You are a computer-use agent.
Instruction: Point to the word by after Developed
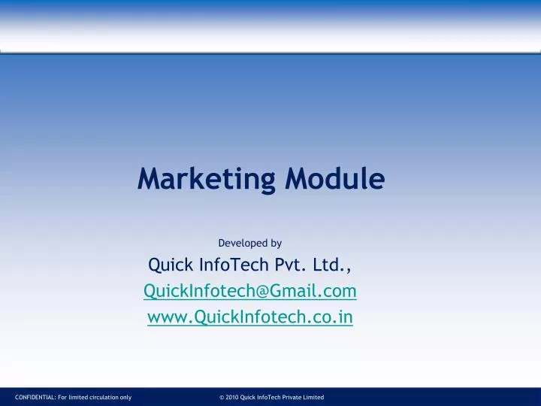(x=276, y=243)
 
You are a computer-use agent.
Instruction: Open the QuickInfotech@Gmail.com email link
(x=250, y=291)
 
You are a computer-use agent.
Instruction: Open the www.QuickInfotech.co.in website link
(x=250, y=317)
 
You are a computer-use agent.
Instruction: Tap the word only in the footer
(x=125, y=397)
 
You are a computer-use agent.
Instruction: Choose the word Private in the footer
(x=290, y=397)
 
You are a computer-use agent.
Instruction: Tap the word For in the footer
(x=62, y=397)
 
